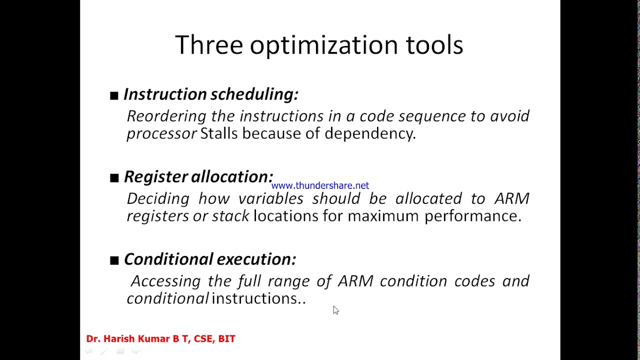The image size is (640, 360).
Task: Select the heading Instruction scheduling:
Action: click(210, 94)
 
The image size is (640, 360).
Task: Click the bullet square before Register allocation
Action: click(114, 177)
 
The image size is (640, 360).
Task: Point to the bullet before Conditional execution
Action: click(114, 260)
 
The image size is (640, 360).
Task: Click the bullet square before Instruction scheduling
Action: click(114, 95)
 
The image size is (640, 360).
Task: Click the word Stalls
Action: click(218, 133)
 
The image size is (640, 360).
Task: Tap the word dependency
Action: click(369, 133)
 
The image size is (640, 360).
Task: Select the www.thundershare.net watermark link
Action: click(320, 185)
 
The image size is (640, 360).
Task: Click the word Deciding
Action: click(157, 198)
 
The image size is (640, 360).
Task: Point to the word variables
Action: click(270, 198)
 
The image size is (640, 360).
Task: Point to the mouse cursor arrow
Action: click(335, 310)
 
